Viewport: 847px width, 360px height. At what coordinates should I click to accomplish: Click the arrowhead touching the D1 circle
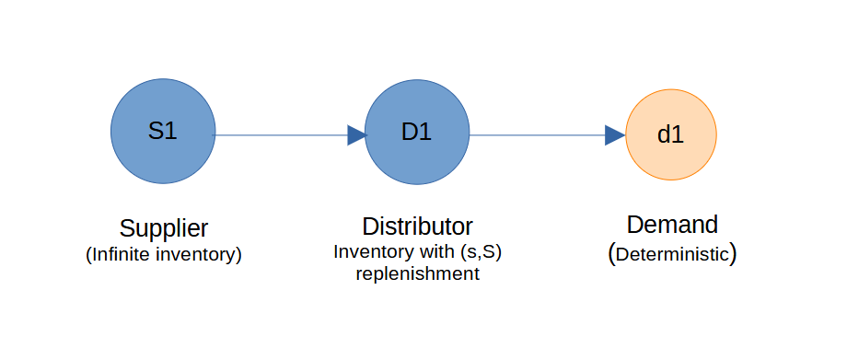tap(356, 135)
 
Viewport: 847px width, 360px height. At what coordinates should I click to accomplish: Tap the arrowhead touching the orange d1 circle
tap(615, 135)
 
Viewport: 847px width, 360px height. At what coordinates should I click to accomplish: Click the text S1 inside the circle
tap(163, 131)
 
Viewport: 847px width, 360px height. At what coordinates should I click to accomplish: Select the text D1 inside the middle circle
tap(417, 132)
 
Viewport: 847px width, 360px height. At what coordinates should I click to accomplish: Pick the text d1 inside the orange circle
tap(670, 134)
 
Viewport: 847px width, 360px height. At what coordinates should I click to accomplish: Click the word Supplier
tap(164, 227)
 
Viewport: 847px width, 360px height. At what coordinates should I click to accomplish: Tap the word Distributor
tap(417, 226)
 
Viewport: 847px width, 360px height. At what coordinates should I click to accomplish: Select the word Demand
tap(672, 225)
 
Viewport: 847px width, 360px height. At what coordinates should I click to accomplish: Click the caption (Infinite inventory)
tap(164, 255)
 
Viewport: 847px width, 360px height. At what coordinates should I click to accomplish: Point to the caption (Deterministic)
tap(672, 254)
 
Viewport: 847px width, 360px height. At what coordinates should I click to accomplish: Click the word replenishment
tap(417, 274)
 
